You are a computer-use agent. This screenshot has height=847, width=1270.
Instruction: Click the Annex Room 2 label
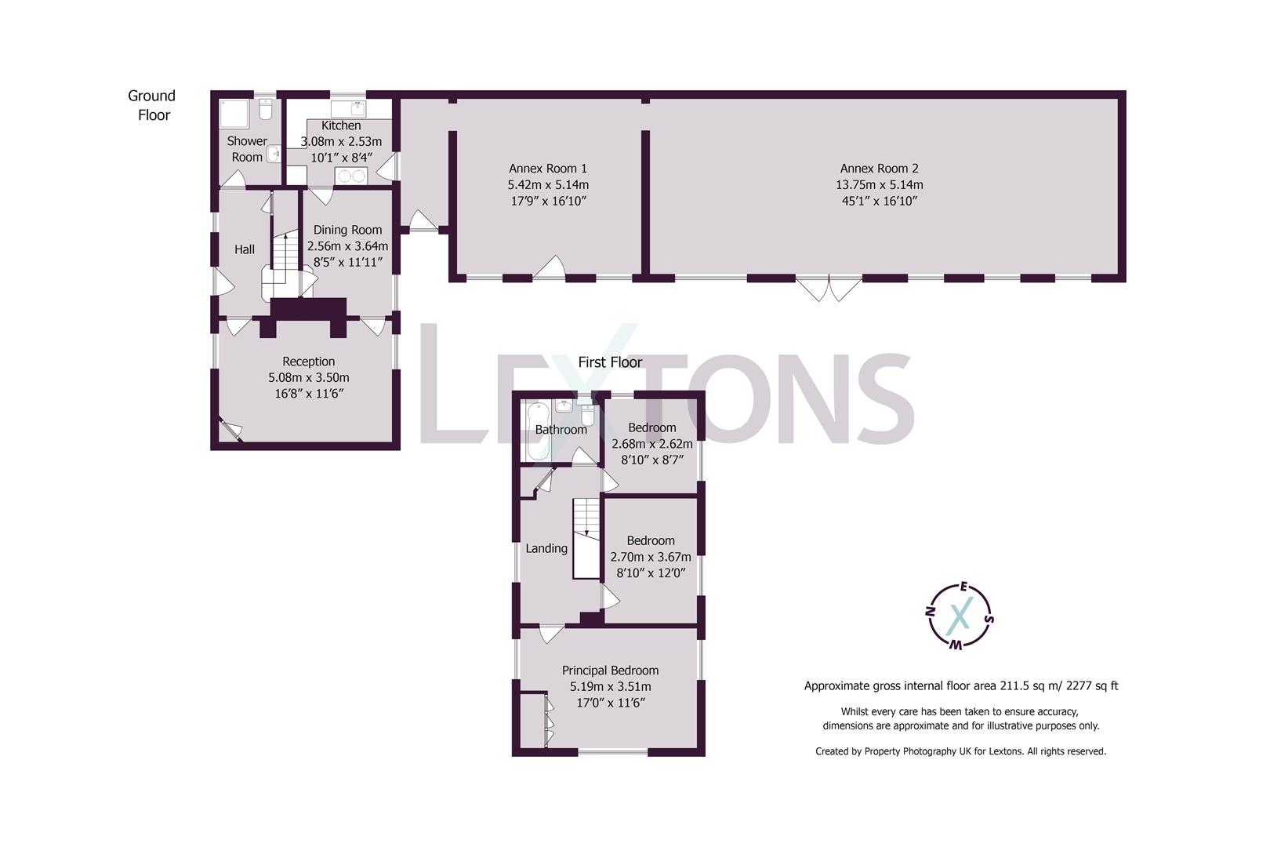(879, 168)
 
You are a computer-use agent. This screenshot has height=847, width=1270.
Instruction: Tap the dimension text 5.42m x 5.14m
(548, 185)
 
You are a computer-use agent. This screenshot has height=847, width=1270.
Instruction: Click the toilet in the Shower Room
(266, 111)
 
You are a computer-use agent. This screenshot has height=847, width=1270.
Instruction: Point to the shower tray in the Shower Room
(234, 115)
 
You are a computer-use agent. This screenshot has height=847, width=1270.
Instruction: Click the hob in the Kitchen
(351, 176)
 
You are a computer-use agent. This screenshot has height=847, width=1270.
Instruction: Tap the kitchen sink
(345, 107)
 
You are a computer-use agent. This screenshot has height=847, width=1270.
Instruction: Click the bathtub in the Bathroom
(538, 433)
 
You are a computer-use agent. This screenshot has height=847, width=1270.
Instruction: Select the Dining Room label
(347, 230)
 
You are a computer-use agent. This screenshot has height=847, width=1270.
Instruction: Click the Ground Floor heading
(152, 105)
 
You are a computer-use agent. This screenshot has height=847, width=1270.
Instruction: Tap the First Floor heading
(610, 362)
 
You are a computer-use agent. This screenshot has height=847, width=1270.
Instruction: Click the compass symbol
(960, 616)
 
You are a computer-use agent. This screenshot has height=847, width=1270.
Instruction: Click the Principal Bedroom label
(610, 671)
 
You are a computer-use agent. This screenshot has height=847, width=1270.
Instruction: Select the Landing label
(546, 548)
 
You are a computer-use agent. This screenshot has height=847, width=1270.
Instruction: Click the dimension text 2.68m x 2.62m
(651, 444)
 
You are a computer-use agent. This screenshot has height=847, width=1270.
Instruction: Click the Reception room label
(308, 362)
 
